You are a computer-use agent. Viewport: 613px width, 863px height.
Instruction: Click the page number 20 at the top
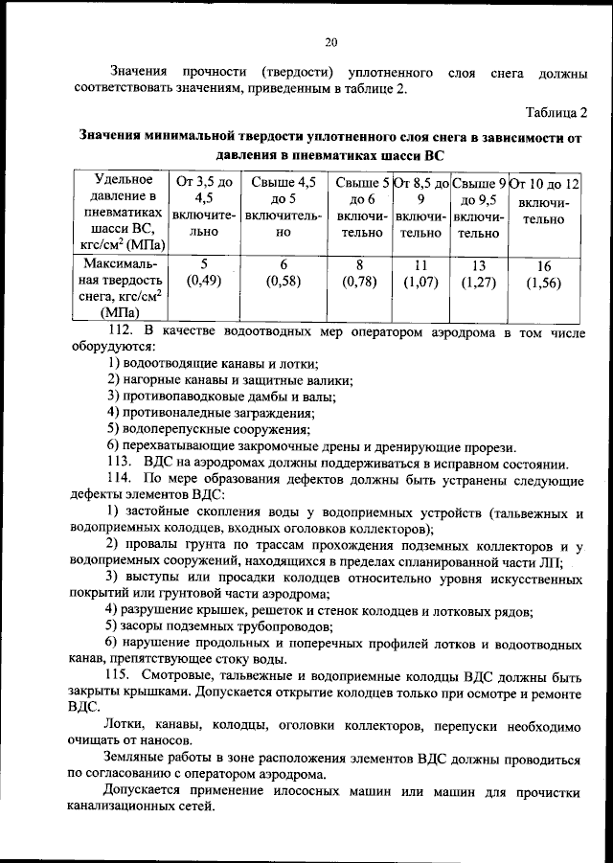(x=331, y=42)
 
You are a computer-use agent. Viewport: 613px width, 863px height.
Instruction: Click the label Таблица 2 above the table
(x=556, y=113)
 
